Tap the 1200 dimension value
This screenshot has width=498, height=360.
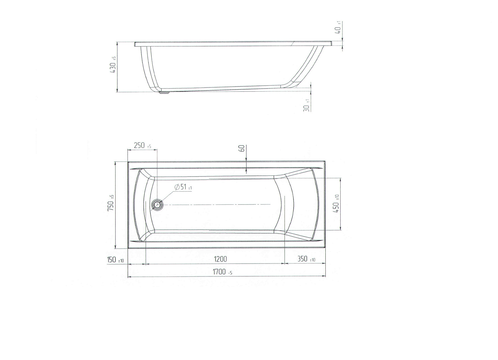[220, 259]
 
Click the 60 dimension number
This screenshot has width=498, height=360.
[242, 148]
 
